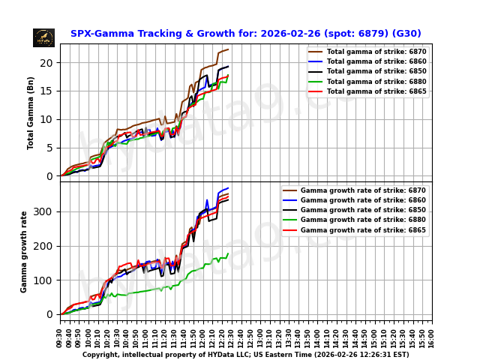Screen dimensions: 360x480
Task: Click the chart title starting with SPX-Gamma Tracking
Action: point(245,34)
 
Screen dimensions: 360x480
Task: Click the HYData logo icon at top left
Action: point(43,37)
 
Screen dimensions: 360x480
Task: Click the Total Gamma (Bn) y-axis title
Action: point(31,112)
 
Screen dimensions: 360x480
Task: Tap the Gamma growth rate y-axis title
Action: point(24,251)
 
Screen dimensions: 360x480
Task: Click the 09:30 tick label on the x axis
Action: point(60,337)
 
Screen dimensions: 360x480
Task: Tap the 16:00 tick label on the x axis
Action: point(432,337)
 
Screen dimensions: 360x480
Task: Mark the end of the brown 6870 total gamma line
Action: point(228,49)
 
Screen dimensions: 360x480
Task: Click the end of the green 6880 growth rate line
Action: point(228,253)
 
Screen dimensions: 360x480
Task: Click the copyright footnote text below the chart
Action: point(245,355)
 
